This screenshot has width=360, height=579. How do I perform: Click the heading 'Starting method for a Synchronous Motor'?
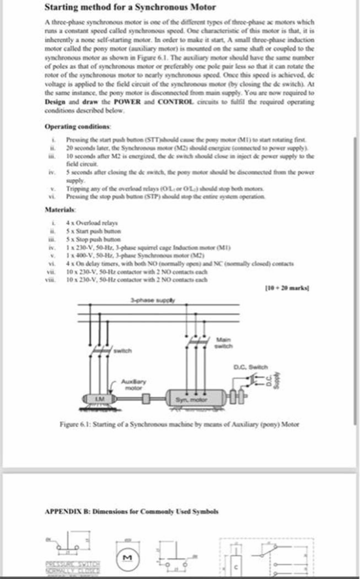coord(129,7)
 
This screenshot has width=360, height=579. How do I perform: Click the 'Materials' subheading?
coord(60,210)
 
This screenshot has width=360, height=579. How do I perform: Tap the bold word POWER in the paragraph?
coord(131,102)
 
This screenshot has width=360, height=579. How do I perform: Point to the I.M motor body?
coord(99,399)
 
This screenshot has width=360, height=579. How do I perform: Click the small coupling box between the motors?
coord(146,399)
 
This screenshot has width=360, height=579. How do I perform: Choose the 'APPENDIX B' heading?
coord(131,511)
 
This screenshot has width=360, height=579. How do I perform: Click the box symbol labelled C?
coord(237,564)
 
